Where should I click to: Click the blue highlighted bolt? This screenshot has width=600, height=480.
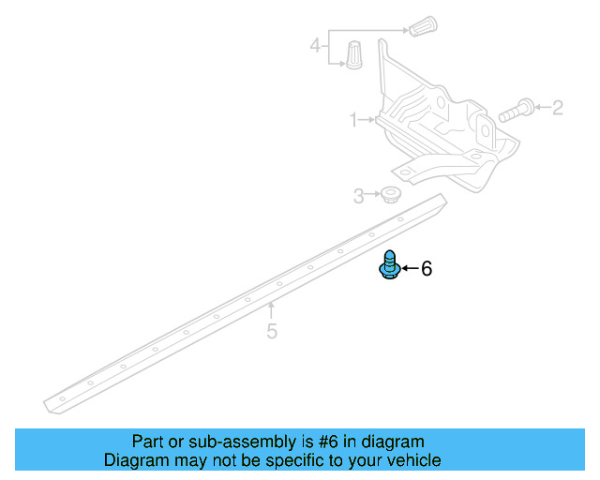390,265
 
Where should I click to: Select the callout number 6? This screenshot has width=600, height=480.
427,269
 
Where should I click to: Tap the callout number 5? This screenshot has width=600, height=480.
272,330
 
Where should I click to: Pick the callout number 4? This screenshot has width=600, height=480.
316,44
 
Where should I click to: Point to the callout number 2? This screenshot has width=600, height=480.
558,108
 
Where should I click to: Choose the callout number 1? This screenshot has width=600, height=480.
354,120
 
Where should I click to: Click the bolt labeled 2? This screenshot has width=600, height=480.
516,111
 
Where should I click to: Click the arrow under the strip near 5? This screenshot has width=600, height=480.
272,308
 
